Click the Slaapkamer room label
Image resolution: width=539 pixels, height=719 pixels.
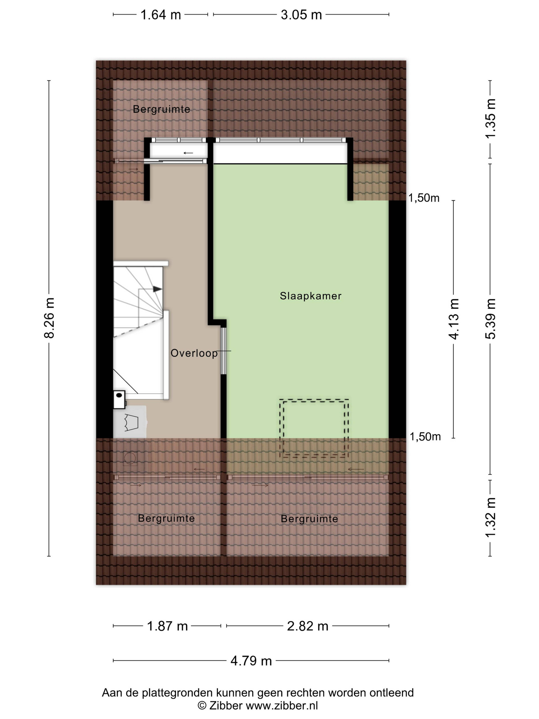pos(311,296)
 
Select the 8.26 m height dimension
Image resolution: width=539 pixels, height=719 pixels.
pos(49,318)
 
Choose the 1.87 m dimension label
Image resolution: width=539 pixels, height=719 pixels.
pos(167,626)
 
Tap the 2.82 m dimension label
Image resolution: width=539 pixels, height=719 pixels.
pos(307,626)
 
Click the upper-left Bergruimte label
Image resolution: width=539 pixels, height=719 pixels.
pos(161,109)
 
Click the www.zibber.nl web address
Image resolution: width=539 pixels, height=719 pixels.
pos(282,706)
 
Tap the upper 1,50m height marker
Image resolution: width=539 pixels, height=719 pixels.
pos(424,198)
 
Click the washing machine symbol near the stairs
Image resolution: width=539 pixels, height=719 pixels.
pos(130,422)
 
